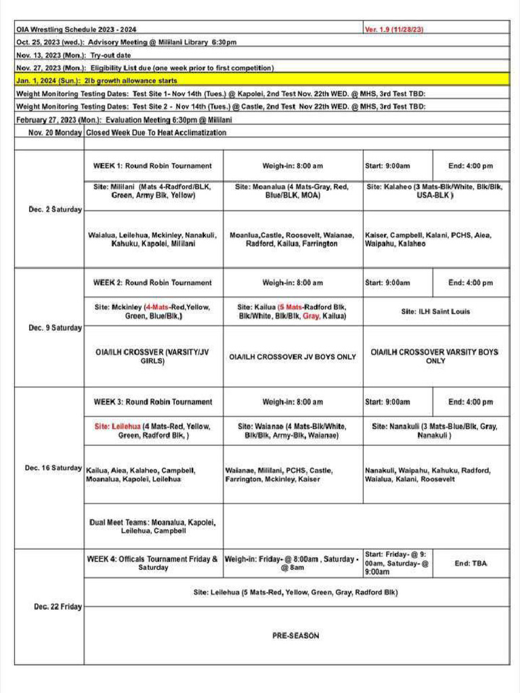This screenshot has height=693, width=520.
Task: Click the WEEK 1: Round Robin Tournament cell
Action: [x=152, y=166]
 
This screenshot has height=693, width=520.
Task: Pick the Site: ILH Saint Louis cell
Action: [x=435, y=311]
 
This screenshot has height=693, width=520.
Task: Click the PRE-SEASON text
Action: [x=296, y=635]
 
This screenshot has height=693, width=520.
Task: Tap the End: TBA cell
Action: [x=471, y=563]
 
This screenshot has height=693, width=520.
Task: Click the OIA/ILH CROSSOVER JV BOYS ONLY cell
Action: [x=292, y=357]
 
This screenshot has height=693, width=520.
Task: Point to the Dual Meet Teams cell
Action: [x=152, y=527]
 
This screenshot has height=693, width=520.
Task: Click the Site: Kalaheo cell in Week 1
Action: [x=435, y=190]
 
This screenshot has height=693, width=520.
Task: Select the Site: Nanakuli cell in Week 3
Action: [x=435, y=430]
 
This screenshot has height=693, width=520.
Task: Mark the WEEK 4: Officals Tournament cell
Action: [x=152, y=563]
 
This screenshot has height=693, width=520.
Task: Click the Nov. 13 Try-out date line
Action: [x=74, y=55]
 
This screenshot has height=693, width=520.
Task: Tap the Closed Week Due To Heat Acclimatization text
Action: [x=156, y=133]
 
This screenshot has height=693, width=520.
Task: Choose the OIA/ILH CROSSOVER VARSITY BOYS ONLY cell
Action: [x=435, y=357]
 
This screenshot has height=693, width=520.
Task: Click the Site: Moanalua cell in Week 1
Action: [x=292, y=190]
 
